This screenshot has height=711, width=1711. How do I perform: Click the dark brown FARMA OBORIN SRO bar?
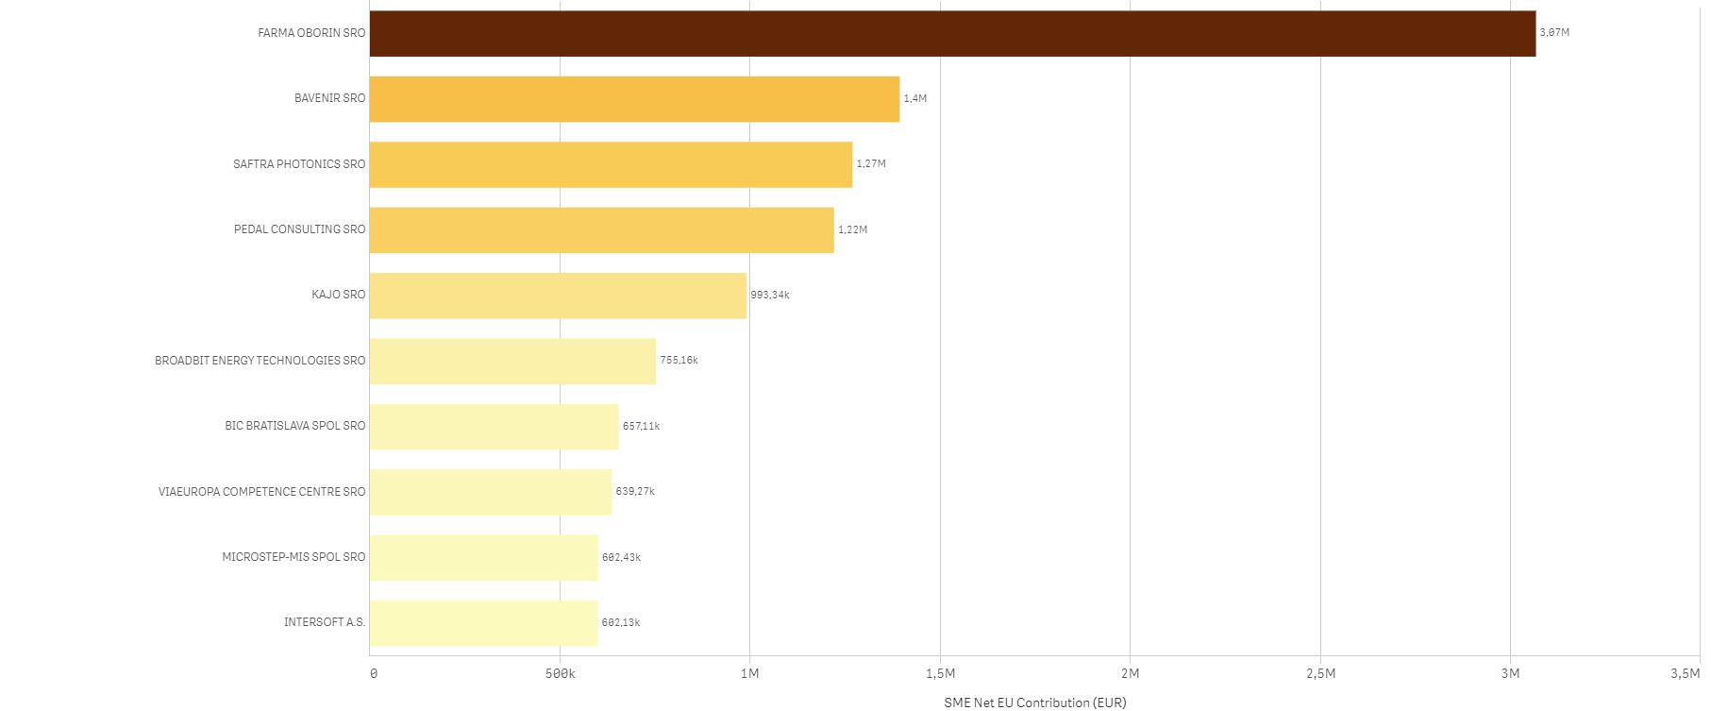952,33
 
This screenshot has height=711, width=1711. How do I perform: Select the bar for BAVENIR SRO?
634,98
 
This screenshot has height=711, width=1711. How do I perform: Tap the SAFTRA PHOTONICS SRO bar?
611,164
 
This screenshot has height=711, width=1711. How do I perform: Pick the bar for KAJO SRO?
558,296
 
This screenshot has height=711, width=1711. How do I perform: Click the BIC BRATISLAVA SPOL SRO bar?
494,427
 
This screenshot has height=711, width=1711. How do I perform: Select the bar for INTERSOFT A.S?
483,623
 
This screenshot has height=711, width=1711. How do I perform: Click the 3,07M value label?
1554,33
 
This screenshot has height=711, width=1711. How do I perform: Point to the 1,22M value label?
852,229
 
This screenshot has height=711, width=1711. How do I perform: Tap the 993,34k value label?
770,296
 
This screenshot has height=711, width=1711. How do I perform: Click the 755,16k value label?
679,361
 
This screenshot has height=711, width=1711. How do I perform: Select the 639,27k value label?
635,492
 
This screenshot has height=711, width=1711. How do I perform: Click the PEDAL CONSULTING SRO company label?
299,229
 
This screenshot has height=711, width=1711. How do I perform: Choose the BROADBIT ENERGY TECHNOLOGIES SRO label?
260,361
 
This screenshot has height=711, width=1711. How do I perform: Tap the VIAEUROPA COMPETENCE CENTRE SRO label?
261,492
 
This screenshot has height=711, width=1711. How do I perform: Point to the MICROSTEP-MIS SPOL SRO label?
294,557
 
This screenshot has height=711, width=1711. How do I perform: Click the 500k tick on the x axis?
560,673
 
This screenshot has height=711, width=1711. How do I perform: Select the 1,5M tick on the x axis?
940,673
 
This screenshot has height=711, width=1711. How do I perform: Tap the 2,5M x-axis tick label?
1320,673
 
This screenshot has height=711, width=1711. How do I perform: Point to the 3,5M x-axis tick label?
1685,673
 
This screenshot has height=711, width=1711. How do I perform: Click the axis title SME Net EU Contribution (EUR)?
1034,703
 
